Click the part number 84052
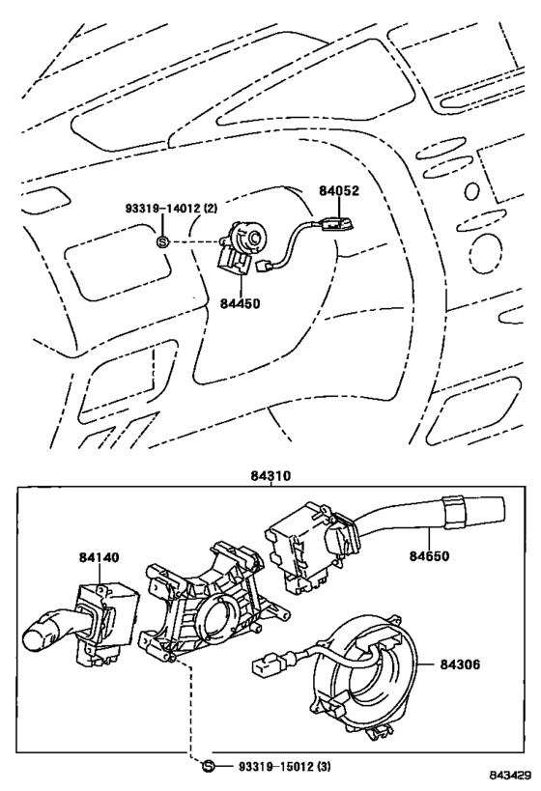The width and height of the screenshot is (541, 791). tap(339, 190)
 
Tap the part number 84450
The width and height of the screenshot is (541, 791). tap(240, 303)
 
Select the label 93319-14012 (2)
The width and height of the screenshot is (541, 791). tap(172, 209)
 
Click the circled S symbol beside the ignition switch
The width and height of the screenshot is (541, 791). tap(162, 242)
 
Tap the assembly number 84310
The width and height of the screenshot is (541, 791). tap(271, 476)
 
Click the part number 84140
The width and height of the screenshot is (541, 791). tap(99, 557)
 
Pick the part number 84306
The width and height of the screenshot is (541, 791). tap(460, 664)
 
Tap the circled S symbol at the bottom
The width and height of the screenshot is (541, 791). tap(208, 766)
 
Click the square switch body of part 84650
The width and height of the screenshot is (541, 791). tap(298, 545)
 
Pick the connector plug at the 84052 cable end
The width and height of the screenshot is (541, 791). tap(264, 266)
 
